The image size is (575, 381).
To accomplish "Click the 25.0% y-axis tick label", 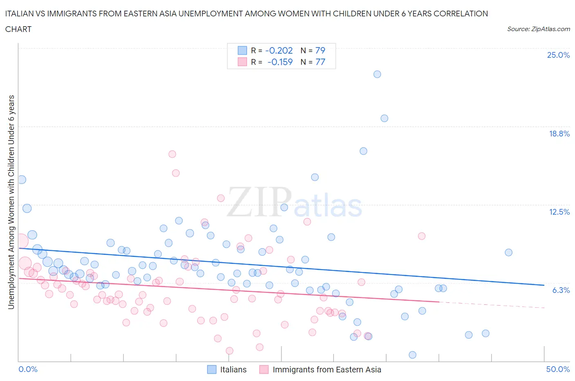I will [x=558, y=55].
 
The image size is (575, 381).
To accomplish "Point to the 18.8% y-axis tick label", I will [x=559, y=134].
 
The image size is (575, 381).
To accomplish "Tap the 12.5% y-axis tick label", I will [x=559, y=212].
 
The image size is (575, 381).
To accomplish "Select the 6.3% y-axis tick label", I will [x=561, y=290].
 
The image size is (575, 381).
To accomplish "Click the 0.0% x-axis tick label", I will [x=28, y=369].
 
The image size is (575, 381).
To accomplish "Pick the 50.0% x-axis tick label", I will [x=558, y=369].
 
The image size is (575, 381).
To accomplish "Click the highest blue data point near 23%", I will [x=377, y=74].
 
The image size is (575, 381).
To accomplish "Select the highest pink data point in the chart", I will [x=172, y=154].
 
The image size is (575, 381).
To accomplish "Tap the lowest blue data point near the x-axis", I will [x=412, y=355].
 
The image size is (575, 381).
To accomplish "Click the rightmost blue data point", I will [x=508, y=252].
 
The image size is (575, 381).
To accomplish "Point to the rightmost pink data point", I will [x=422, y=236].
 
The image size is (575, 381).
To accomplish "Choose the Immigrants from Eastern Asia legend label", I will [x=326, y=370].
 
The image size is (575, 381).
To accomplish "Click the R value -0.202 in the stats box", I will [x=279, y=50].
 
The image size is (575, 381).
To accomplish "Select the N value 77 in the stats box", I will [x=320, y=62].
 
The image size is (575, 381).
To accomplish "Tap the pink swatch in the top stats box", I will [x=243, y=62].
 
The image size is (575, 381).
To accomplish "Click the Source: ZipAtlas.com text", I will [x=538, y=29].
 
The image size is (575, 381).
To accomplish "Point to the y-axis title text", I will [x=11, y=202].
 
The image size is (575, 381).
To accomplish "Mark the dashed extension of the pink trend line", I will [x=491, y=305].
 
